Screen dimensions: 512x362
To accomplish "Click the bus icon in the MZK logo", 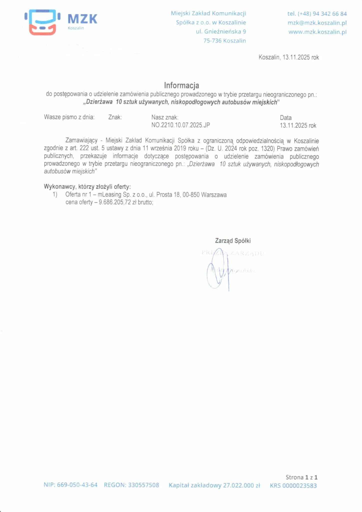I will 42,22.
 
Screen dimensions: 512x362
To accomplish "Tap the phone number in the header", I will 317,14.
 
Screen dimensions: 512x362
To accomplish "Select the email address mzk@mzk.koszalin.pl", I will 317,23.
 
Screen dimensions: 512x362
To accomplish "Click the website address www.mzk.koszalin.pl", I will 317,32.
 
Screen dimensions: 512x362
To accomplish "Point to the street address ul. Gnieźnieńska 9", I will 221,32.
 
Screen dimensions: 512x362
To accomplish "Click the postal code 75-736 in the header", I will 212,41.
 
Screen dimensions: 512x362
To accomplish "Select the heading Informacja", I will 181,85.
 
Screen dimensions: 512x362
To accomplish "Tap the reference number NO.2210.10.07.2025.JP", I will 180,125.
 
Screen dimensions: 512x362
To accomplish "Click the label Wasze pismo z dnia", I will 69,117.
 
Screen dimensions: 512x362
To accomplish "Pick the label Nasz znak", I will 165,117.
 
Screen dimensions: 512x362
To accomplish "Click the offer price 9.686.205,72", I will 115,202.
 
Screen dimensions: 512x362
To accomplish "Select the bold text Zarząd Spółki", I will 233,241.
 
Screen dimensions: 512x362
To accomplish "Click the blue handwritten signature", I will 217,272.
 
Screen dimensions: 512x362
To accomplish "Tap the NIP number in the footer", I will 77,485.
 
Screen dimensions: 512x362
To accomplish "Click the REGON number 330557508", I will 143,485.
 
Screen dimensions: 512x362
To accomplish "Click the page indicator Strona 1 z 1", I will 302,477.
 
